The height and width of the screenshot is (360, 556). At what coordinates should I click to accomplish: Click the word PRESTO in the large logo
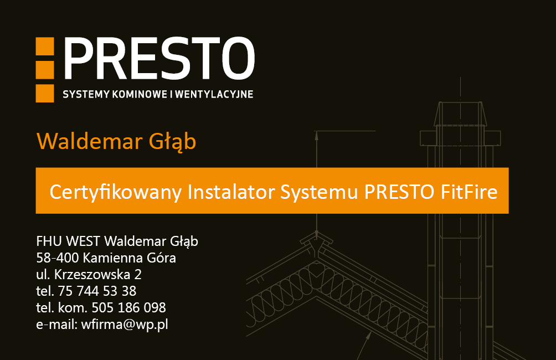pyautogui.click(x=159, y=58)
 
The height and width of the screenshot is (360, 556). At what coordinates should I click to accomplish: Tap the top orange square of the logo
pyautogui.click(x=45, y=46)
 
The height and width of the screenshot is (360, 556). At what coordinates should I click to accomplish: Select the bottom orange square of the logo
pyautogui.click(x=45, y=93)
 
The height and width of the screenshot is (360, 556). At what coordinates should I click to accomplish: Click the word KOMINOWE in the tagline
pyautogui.click(x=140, y=94)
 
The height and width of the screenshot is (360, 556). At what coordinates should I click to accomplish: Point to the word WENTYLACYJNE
pyautogui.click(x=214, y=94)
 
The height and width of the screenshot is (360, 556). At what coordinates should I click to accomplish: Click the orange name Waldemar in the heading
pyautogui.click(x=89, y=141)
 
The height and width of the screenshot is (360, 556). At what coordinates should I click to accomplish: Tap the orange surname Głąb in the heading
pyautogui.click(x=172, y=142)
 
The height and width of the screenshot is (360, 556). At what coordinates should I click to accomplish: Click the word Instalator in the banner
pyautogui.click(x=231, y=192)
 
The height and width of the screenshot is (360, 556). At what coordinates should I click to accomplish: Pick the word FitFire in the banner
pyautogui.click(x=469, y=192)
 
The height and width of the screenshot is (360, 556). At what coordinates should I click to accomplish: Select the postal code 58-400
pyautogui.click(x=58, y=258)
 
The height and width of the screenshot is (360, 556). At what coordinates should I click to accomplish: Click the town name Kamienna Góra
pyautogui.click(x=130, y=258)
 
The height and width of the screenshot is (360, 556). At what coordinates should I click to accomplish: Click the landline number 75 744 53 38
pyautogui.click(x=97, y=291)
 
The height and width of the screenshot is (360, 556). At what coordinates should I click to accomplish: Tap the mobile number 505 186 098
pyautogui.click(x=128, y=307)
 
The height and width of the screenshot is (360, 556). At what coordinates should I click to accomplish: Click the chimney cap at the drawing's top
pyautogui.click(x=460, y=114)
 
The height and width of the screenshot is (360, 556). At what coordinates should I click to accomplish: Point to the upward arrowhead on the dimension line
pyautogui.click(x=317, y=136)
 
